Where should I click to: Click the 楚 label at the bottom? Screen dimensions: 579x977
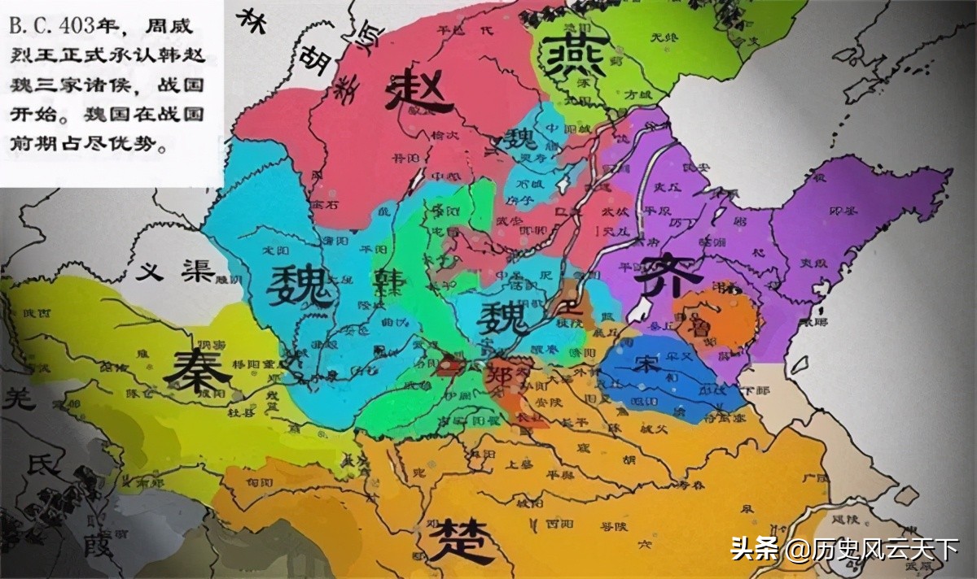tap(462, 539)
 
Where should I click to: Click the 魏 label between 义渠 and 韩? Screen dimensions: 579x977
tap(301, 286)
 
